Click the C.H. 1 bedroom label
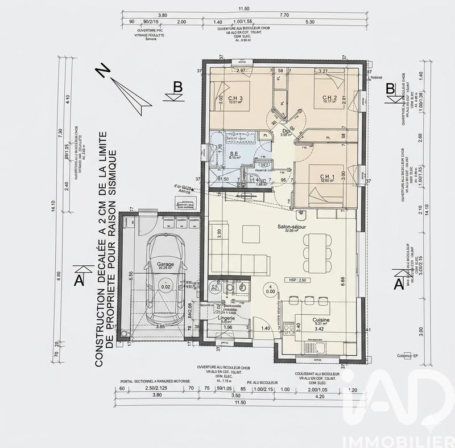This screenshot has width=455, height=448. point(328,176)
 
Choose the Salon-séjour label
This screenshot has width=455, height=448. point(291,227)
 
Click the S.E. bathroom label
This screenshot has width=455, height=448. point(234,154)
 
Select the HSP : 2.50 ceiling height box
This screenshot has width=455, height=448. point(297,281)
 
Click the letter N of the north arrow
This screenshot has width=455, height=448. point(102,70)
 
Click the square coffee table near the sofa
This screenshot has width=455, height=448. point(249,233)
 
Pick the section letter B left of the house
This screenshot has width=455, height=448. point(177,87)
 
